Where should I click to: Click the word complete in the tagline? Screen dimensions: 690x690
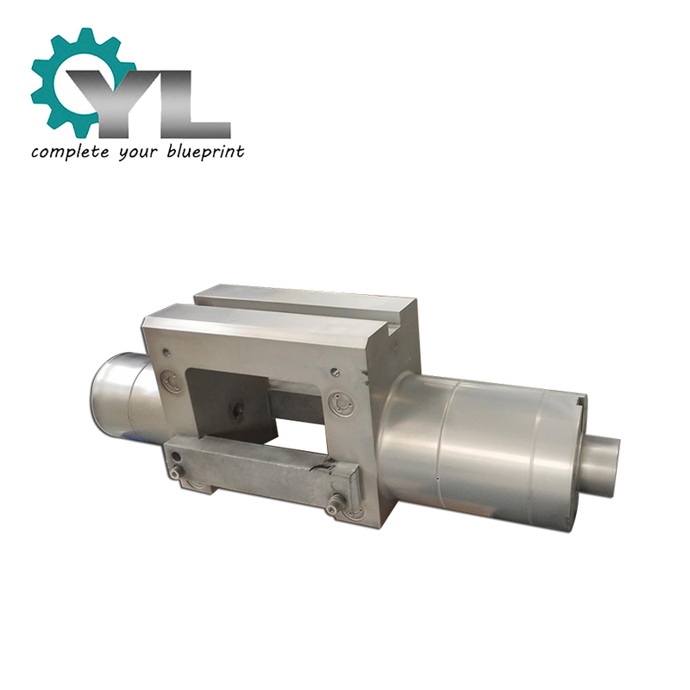tap(70, 152)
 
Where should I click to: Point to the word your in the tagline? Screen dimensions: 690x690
tap(137, 154)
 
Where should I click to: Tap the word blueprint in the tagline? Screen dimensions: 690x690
tap(205, 152)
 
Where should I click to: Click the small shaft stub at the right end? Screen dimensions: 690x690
tap(601, 465)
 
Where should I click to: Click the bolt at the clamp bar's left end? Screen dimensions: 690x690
tap(177, 472)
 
